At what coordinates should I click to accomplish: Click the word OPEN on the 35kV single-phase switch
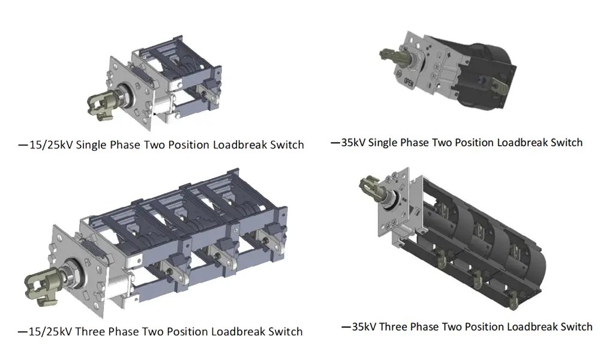pyautogui.click(x=408, y=82)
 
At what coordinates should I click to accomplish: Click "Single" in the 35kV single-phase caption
pyautogui.click(x=383, y=143)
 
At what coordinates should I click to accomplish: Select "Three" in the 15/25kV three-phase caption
pyautogui.click(x=89, y=331)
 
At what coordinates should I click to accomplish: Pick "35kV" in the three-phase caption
pyautogui.click(x=364, y=327)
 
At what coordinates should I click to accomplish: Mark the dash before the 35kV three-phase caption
pyautogui.click(x=346, y=327)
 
